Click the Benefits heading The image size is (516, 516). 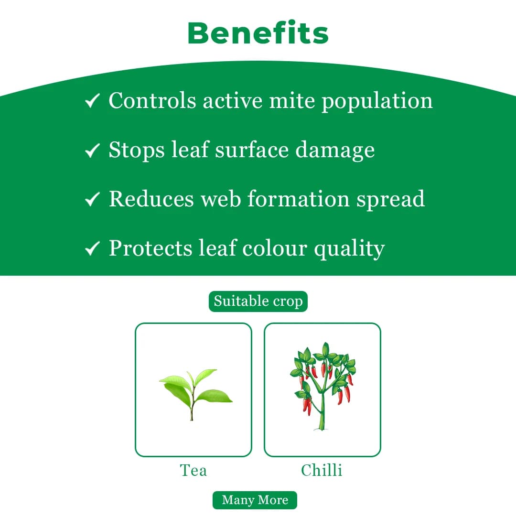pos(258,32)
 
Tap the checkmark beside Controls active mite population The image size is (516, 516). pos(92,101)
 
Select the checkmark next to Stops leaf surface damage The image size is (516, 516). pos(92,150)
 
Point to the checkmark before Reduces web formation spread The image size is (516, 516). pos(92,199)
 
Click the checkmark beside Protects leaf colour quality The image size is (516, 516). pos(92,248)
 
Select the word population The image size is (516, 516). pos(377,102)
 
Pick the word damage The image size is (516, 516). pos(334,151)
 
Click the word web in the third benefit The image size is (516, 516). pos(221,199)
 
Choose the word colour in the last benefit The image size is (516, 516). pos(275,248)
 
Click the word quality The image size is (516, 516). pos(349,249)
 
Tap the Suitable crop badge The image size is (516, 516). pos(258,301)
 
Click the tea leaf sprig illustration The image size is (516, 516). pos(196,395)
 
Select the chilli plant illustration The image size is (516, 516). pos(322,386)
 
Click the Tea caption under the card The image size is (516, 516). pos(193,470)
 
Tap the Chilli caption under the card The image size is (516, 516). pos(322,470)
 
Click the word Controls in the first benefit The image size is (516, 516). pos(152,100)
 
